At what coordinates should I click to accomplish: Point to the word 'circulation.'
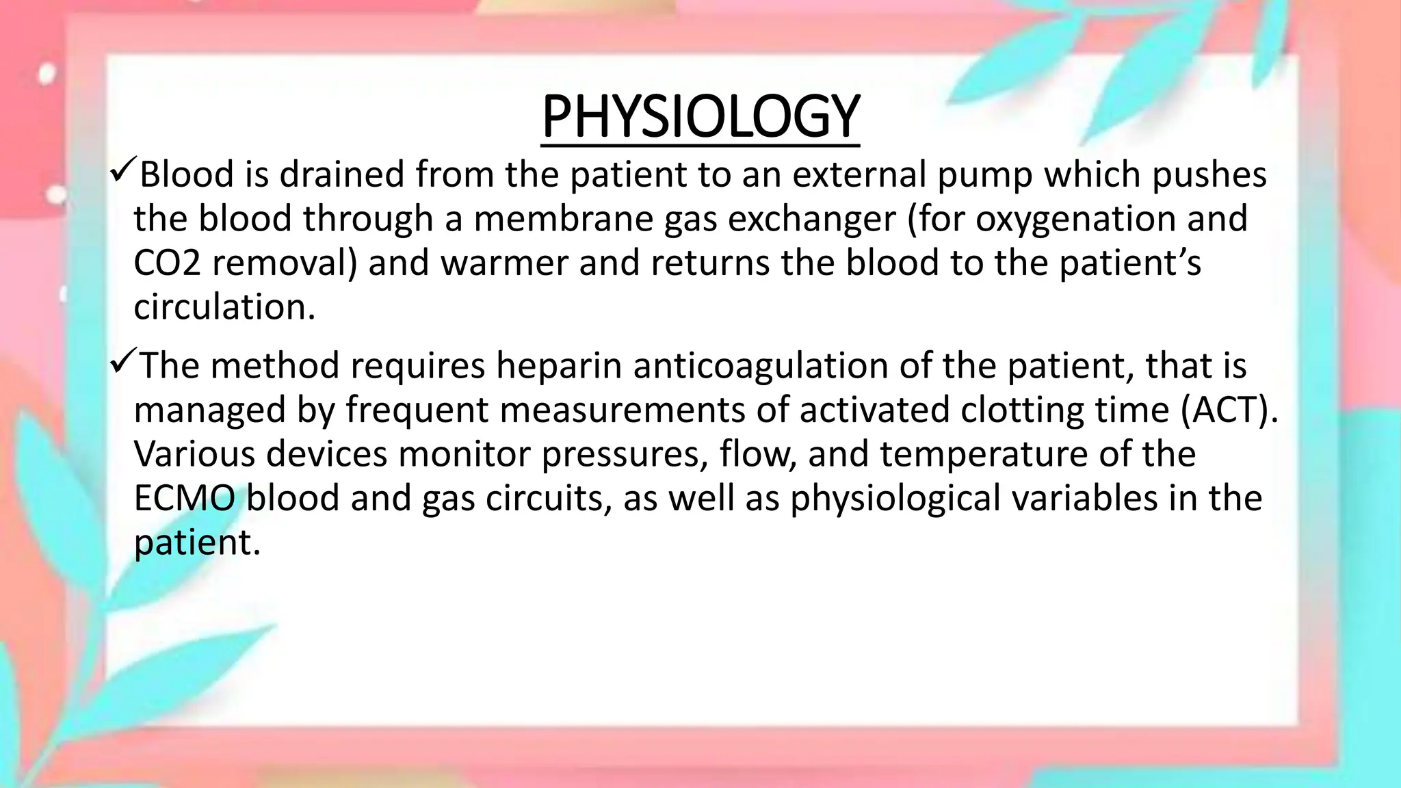pos(224,307)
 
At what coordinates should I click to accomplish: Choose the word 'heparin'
pos(559,365)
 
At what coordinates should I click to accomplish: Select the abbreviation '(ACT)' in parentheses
pos(1229,410)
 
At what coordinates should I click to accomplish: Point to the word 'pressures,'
pos(625,455)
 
